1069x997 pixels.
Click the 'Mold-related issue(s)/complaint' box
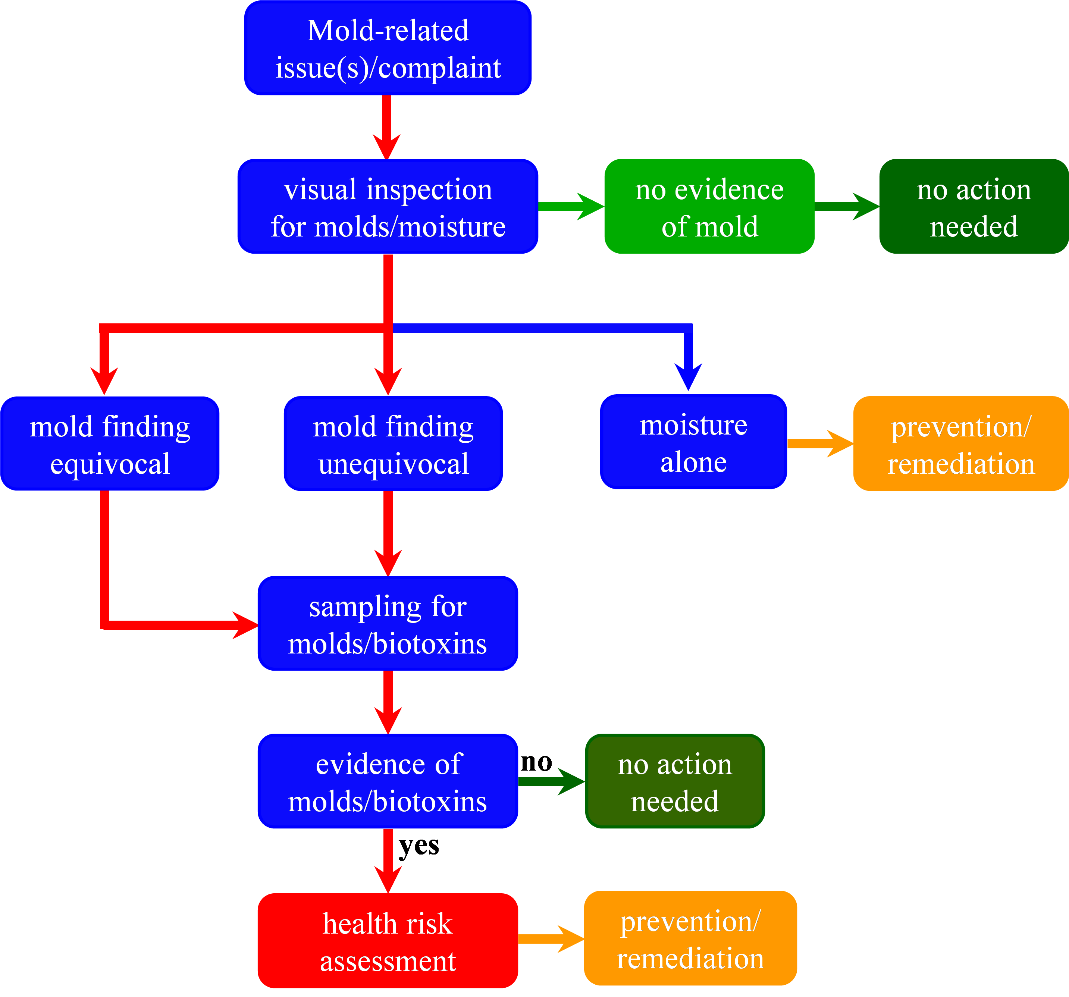pos(388,48)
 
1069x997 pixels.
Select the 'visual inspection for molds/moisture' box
pos(388,207)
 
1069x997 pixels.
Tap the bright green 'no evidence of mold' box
pos(709,207)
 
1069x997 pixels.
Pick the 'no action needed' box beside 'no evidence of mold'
pos(973,207)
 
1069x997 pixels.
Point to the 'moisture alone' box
pos(693,442)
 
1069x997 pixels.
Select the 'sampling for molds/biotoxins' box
pos(388,624)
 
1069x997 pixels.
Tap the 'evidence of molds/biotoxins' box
pos(388,781)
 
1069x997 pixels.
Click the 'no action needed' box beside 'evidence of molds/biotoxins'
pos(674,781)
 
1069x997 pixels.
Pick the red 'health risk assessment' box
pos(388,941)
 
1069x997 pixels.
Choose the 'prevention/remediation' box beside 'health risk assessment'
pos(690,938)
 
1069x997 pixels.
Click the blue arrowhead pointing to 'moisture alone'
pos(688,376)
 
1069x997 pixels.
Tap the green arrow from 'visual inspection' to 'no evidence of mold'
pos(570,207)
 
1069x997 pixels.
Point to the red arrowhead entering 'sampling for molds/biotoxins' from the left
pos(245,625)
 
